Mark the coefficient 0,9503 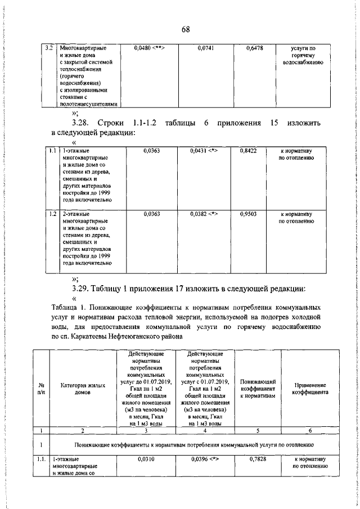[248, 214]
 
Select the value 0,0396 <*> [204, 460]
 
